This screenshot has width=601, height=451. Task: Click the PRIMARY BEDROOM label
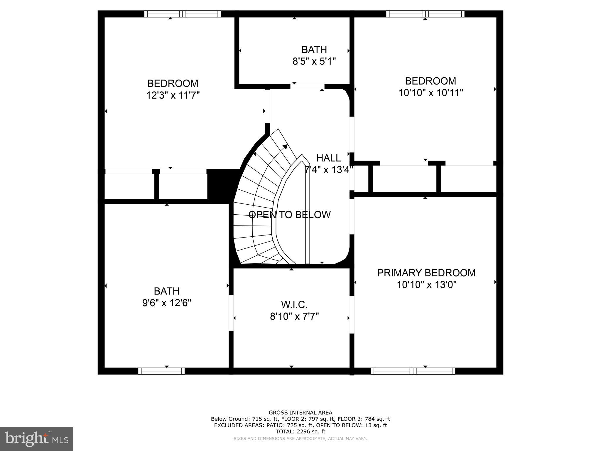click(x=426, y=273)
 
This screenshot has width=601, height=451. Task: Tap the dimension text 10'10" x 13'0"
click(x=427, y=285)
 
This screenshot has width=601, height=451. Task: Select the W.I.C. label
click(x=294, y=305)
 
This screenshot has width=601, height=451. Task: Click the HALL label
click(x=328, y=158)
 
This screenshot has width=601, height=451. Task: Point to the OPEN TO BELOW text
click(x=289, y=215)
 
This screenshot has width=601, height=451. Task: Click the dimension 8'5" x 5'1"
click(x=314, y=61)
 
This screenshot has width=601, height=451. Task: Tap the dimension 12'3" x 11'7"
click(x=173, y=95)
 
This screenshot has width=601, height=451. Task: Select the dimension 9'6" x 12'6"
click(x=167, y=303)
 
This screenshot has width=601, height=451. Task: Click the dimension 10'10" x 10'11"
click(x=431, y=93)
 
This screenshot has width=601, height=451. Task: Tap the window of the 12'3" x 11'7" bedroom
click(x=183, y=14)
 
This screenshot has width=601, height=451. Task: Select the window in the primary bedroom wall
click(x=413, y=371)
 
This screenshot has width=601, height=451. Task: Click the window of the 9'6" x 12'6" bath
click(x=161, y=371)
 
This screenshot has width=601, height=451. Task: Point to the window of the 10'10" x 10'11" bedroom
click(x=425, y=14)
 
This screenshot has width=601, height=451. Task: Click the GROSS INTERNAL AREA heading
click(x=300, y=413)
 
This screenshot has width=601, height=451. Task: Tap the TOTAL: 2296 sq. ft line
click(x=300, y=432)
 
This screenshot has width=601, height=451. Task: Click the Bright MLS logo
click(x=37, y=439)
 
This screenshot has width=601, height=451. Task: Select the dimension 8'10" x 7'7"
click(x=294, y=317)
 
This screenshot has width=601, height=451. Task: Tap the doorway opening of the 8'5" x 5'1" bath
click(x=308, y=87)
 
